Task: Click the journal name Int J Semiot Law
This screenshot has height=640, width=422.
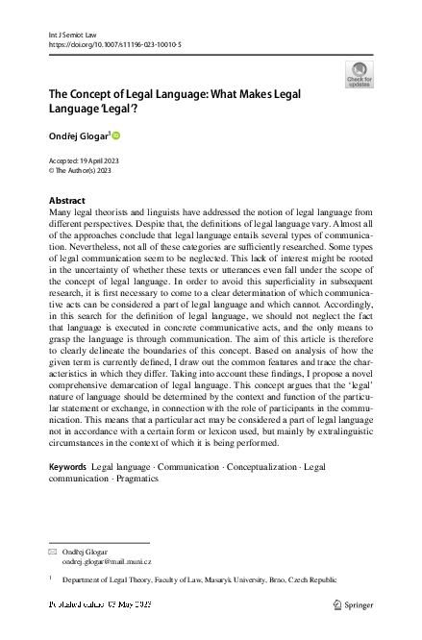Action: (68, 33)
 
